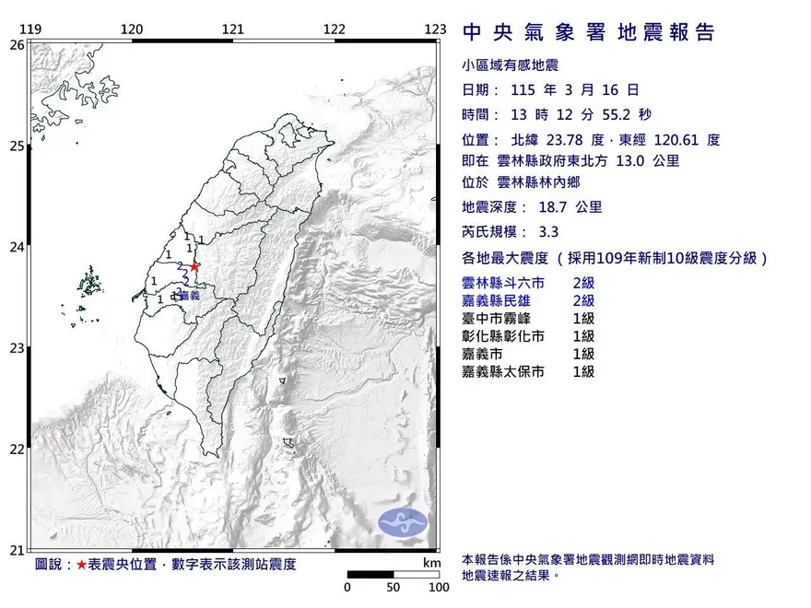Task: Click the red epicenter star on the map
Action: click(x=194, y=266)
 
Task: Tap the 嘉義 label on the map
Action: click(x=190, y=296)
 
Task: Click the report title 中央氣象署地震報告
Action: click(x=589, y=32)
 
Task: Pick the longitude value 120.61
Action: click(x=675, y=140)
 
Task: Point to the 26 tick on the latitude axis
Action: click(x=17, y=44)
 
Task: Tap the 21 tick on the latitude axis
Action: click(x=17, y=550)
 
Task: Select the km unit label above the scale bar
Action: click(x=431, y=563)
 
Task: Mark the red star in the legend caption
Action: click(x=82, y=564)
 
